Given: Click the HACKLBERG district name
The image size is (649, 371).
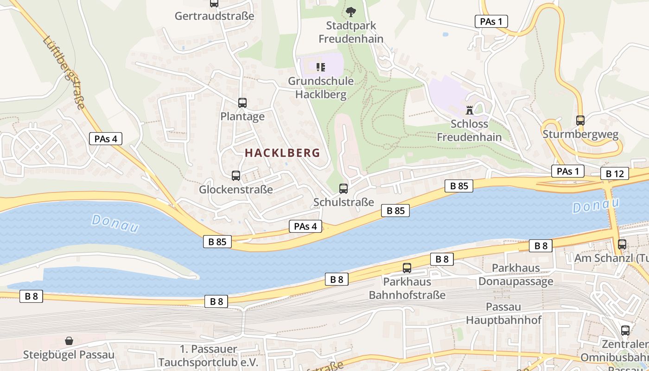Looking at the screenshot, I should (x=282, y=153).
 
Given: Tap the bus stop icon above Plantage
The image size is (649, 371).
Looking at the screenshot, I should (x=242, y=103).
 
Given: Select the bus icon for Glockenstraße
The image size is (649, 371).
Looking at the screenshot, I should (x=236, y=176).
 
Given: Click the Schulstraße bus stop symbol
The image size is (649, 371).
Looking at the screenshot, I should (x=344, y=189).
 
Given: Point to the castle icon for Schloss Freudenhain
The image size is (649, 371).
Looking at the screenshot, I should (x=469, y=110).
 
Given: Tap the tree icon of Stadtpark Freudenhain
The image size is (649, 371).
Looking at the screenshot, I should (x=351, y=12).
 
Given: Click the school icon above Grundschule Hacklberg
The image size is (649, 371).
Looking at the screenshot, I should (x=321, y=67).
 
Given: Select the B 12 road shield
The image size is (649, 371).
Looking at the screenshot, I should (x=615, y=174).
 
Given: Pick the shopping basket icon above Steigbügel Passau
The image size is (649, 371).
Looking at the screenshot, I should (x=69, y=341).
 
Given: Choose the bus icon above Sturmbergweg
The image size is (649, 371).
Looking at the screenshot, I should (x=580, y=121).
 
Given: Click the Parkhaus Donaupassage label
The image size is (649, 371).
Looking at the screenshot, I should (x=515, y=275).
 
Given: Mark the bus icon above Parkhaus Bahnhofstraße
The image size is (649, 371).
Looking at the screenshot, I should (x=407, y=268).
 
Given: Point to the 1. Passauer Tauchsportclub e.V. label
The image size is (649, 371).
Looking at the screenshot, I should (x=208, y=356).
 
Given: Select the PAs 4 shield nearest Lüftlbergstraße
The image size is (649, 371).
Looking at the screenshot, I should (x=106, y=139).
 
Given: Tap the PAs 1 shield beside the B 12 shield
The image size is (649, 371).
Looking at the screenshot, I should (x=568, y=171).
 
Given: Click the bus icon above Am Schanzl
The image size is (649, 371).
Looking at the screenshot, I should (x=622, y=244).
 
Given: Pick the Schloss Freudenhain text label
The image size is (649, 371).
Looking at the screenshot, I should (x=469, y=130).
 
